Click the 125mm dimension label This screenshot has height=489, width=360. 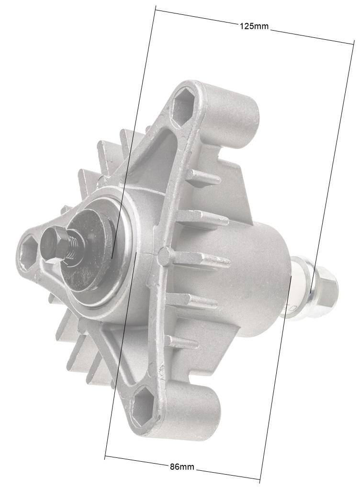254,26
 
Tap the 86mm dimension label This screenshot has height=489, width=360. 182,466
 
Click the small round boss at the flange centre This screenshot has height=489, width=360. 163,255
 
